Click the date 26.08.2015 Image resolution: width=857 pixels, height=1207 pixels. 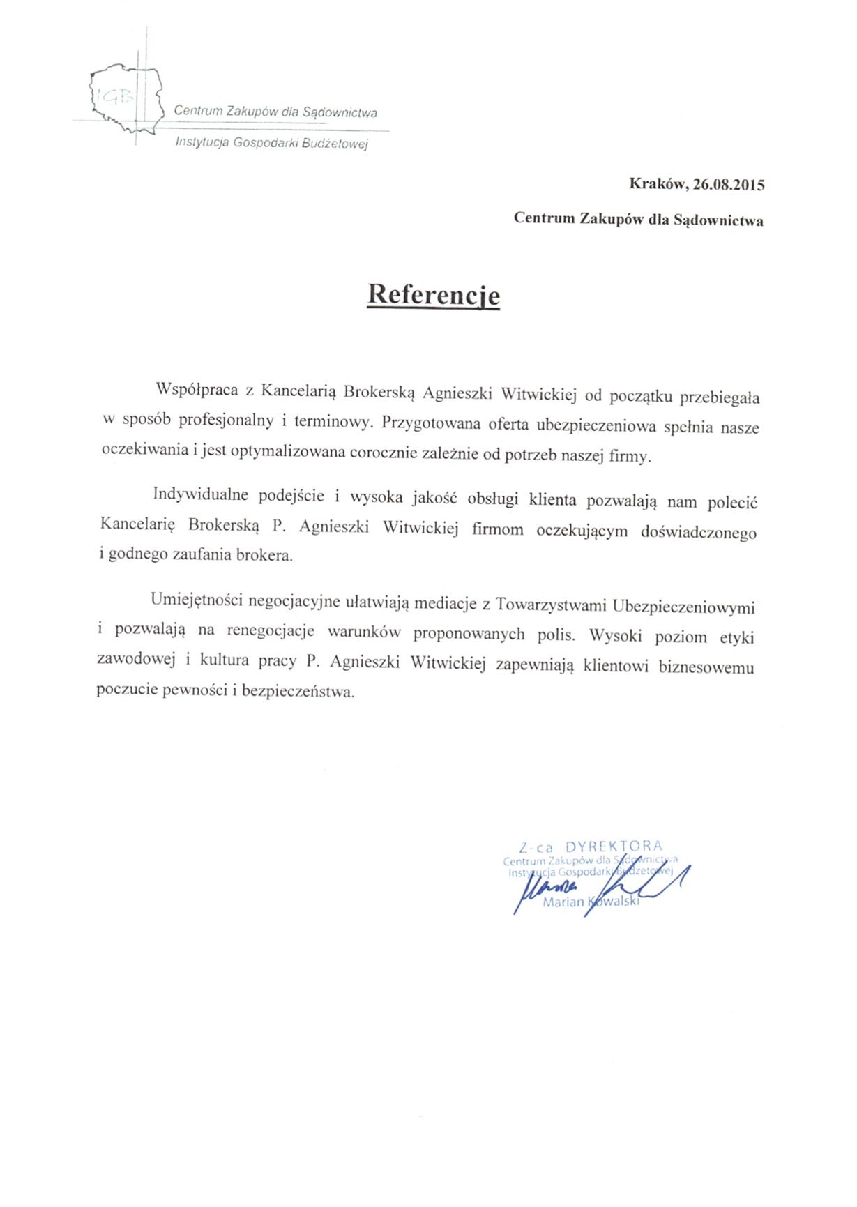(x=729, y=185)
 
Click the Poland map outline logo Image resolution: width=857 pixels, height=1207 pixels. (x=126, y=99)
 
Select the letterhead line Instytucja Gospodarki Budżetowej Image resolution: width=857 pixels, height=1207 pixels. (x=272, y=144)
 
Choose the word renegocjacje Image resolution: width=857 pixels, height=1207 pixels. (x=271, y=631)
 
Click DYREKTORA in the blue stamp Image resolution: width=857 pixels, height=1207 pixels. (x=614, y=847)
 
